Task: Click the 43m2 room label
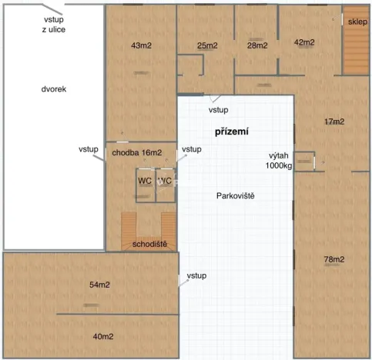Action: click(x=141, y=45)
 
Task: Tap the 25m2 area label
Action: click(x=207, y=45)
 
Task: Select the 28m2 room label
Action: click(x=257, y=45)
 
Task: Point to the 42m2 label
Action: click(x=305, y=42)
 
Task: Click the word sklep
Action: click(x=357, y=22)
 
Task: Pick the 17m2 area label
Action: click(x=333, y=122)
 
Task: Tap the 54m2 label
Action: click(x=100, y=285)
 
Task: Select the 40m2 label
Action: click(x=103, y=337)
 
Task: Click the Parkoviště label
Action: click(x=236, y=195)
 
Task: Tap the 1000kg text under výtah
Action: click(x=279, y=165)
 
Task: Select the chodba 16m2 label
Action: click(x=136, y=153)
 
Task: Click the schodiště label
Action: click(x=149, y=244)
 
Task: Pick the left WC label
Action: click(x=145, y=181)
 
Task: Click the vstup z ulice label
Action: click(x=54, y=24)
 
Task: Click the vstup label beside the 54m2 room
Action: click(x=196, y=275)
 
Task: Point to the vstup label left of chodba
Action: click(x=88, y=149)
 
